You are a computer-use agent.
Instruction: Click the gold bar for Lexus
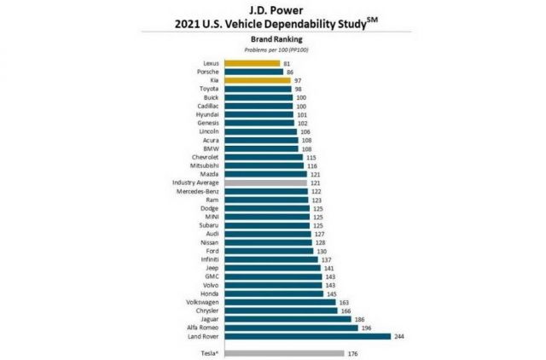253,63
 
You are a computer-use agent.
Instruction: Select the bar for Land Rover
307,336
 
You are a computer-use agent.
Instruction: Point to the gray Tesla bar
284,353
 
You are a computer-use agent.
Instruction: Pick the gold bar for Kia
256,80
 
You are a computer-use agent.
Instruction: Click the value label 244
399,336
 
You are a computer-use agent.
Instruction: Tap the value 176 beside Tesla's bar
352,353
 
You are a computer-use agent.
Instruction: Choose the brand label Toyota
210,89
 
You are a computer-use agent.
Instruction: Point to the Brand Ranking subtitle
273,39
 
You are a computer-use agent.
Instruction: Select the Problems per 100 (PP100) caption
273,49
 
